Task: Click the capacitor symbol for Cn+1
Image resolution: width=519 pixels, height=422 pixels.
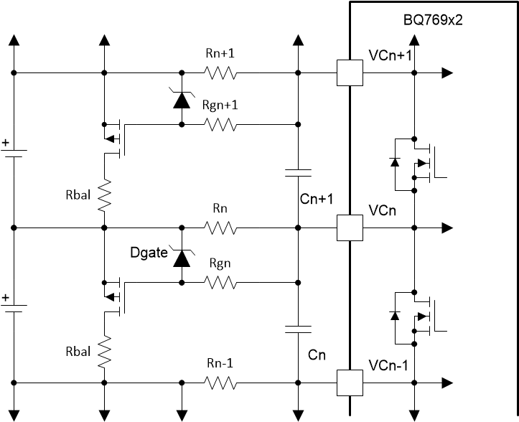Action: point(297,173)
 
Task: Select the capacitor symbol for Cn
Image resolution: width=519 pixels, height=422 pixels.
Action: point(297,329)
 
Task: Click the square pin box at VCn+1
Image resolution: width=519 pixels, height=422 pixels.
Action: point(350,72)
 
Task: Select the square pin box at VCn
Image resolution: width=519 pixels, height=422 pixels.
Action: point(350,228)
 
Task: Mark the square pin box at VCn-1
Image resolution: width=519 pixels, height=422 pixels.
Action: point(350,384)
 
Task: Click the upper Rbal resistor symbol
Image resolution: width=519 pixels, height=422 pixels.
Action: point(105,194)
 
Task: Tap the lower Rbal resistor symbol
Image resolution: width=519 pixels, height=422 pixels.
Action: point(105,352)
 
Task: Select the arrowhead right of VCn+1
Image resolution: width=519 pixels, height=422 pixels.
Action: point(446,72)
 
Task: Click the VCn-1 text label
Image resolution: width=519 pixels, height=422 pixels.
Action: point(388,365)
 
